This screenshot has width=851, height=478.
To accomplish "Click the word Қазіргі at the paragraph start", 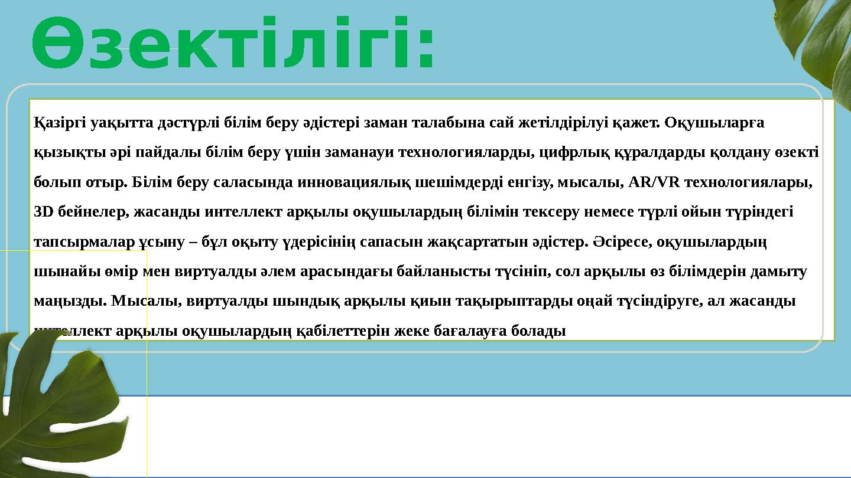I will pos(57,123).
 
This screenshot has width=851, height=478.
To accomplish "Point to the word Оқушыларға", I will pos(714,123).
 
